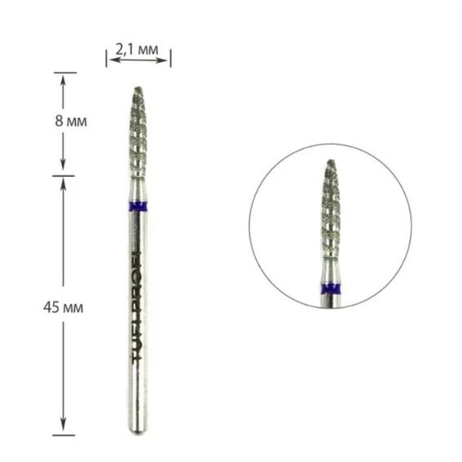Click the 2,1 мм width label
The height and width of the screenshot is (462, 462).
[x=137, y=49]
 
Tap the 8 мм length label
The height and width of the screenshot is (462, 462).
[x=71, y=121]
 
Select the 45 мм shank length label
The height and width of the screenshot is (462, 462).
[x=63, y=308]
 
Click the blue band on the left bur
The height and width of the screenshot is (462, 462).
[x=139, y=206]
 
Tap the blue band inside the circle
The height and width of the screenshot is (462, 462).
[x=330, y=288]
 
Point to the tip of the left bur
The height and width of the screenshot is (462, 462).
[x=139, y=87]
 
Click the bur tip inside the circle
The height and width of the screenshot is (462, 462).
[x=331, y=161]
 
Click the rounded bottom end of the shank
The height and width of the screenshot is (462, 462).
[x=138, y=432]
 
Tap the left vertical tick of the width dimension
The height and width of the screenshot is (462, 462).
[x=107, y=59]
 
